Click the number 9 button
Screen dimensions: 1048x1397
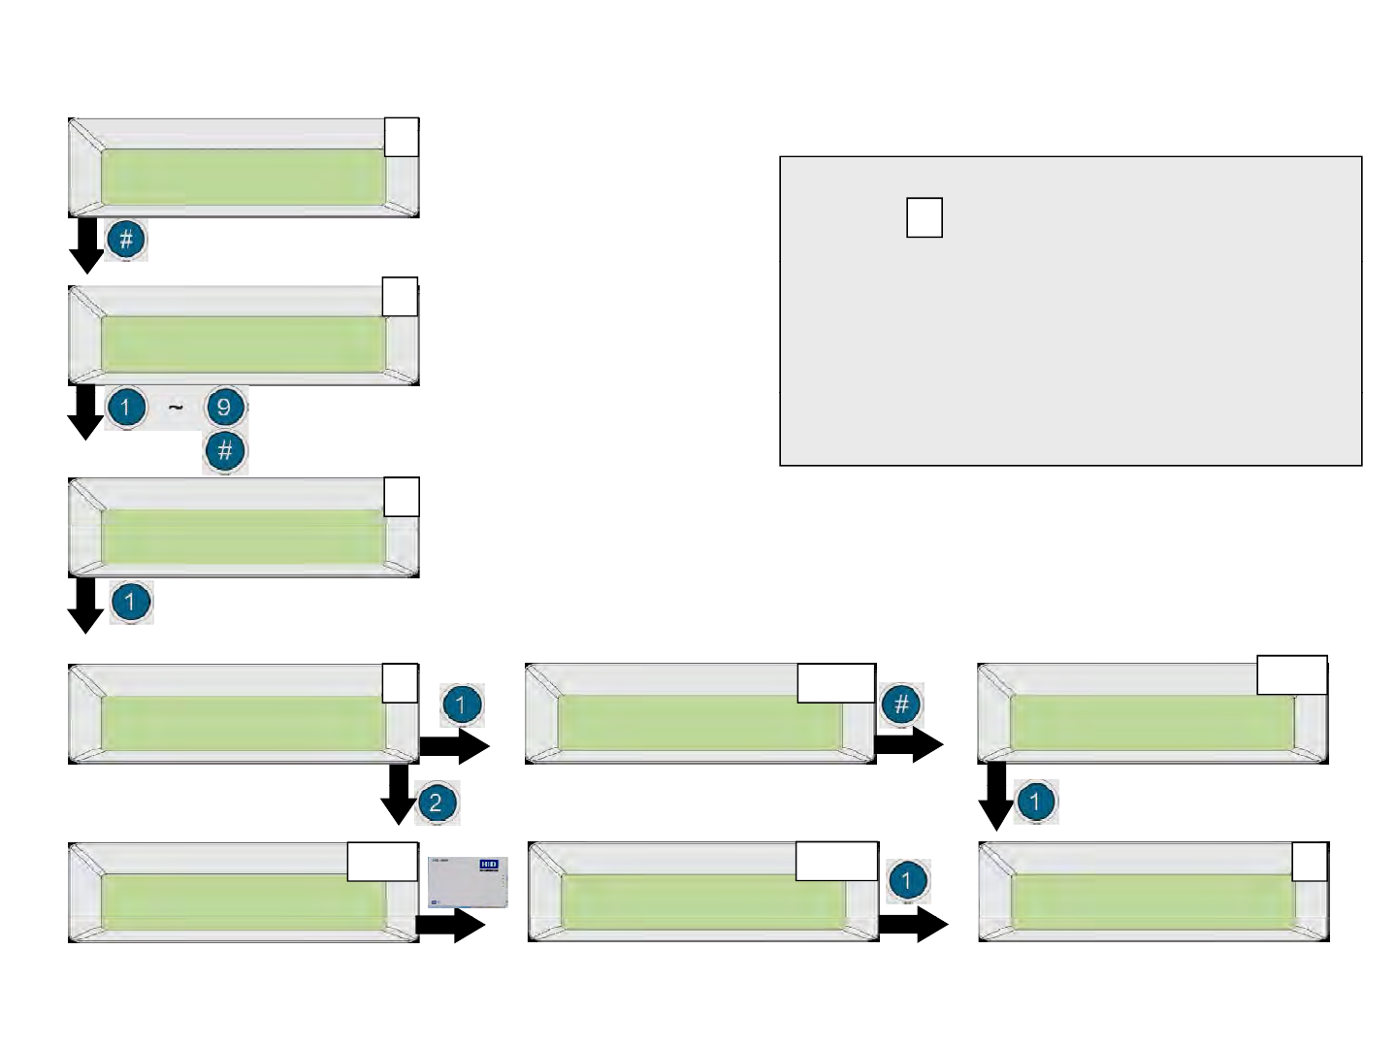(x=224, y=407)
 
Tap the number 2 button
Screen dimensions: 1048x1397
(x=436, y=802)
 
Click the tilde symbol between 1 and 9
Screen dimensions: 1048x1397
(x=176, y=409)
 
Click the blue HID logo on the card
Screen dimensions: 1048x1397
(x=488, y=864)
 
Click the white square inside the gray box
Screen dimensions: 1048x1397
(x=925, y=217)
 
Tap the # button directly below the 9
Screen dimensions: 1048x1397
(x=224, y=451)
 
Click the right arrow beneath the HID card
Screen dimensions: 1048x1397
(x=450, y=926)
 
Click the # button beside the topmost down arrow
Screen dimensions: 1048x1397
(x=126, y=239)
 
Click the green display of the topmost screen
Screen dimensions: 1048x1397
(x=243, y=177)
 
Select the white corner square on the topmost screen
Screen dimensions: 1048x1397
(x=402, y=136)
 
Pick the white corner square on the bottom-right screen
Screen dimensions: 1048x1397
(x=1311, y=861)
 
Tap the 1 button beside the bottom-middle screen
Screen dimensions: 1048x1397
(x=907, y=880)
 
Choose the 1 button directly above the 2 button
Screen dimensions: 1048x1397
(x=462, y=705)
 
